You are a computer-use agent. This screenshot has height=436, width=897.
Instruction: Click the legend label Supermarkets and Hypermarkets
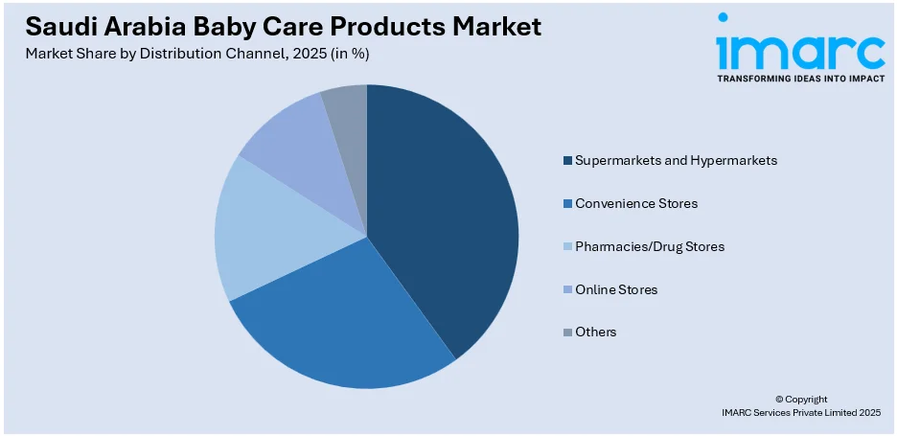(676, 160)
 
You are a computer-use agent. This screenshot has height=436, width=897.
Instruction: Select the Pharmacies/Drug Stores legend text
(650, 246)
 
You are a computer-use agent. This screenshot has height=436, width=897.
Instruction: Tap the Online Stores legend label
(616, 289)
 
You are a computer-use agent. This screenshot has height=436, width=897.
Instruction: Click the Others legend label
(596, 332)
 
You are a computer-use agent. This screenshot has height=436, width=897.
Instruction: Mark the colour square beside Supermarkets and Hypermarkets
(567, 161)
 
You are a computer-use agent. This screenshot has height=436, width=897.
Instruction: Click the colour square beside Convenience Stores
(567, 204)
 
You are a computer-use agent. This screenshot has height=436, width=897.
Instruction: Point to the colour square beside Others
(567, 333)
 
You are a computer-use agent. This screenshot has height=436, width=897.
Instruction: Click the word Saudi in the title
(57, 27)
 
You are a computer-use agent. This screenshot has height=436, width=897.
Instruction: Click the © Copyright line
(801, 399)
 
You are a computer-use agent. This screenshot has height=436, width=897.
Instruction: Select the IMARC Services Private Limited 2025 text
(801, 412)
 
